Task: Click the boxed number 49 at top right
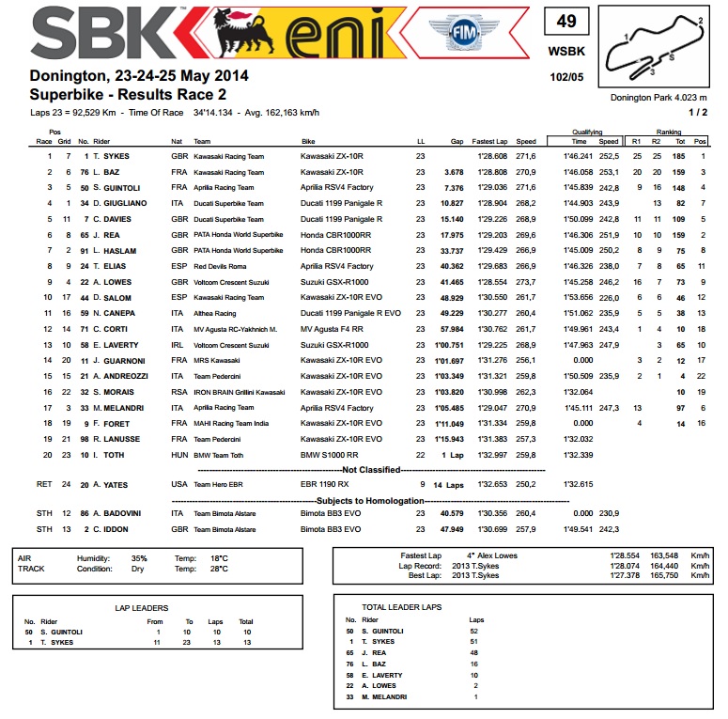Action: (x=566, y=22)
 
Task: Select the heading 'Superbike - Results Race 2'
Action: (x=127, y=94)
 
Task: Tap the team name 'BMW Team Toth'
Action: (x=219, y=455)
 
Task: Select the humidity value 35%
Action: (x=139, y=557)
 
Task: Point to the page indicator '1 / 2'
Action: (x=700, y=113)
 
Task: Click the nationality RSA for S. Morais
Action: (x=177, y=392)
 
